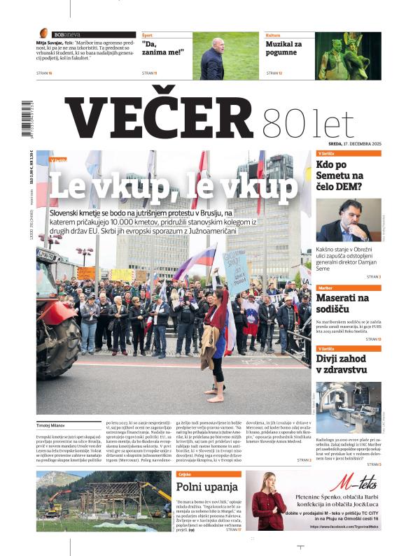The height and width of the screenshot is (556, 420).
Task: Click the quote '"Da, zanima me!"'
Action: [x=164, y=48]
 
